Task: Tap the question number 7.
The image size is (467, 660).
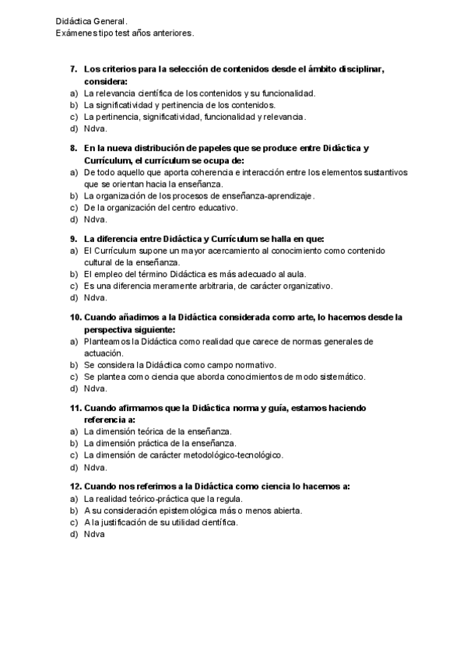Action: (x=75, y=69)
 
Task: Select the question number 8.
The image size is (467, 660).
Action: (x=75, y=148)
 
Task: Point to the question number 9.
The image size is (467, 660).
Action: (x=75, y=238)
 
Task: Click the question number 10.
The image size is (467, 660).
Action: (x=75, y=317)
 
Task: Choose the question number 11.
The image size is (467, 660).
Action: (x=75, y=408)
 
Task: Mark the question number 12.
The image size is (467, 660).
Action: (x=75, y=486)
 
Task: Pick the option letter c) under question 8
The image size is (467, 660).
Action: (x=73, y=208)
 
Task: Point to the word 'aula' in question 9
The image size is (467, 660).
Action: (x=296, y=274)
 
